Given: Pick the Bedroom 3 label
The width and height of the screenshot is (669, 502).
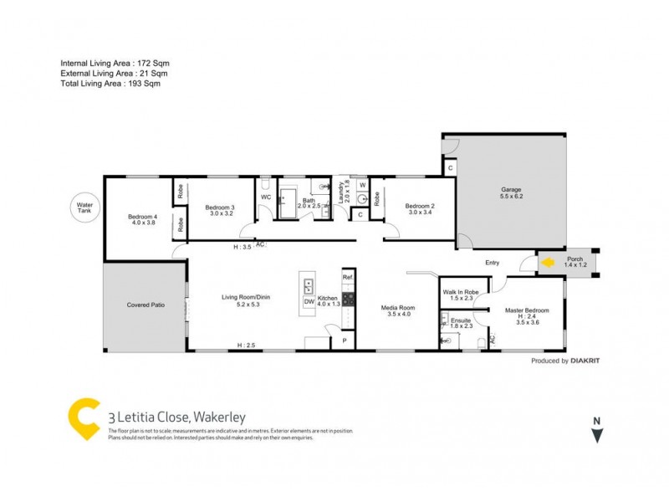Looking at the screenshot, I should (220, 209).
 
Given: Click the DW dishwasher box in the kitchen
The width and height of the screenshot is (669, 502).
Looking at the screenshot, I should (309, 301).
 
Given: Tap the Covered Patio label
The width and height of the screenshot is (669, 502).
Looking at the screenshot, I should (145, 305).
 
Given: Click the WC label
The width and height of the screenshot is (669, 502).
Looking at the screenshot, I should (266, 197).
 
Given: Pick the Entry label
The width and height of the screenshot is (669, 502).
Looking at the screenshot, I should (492, 263).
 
